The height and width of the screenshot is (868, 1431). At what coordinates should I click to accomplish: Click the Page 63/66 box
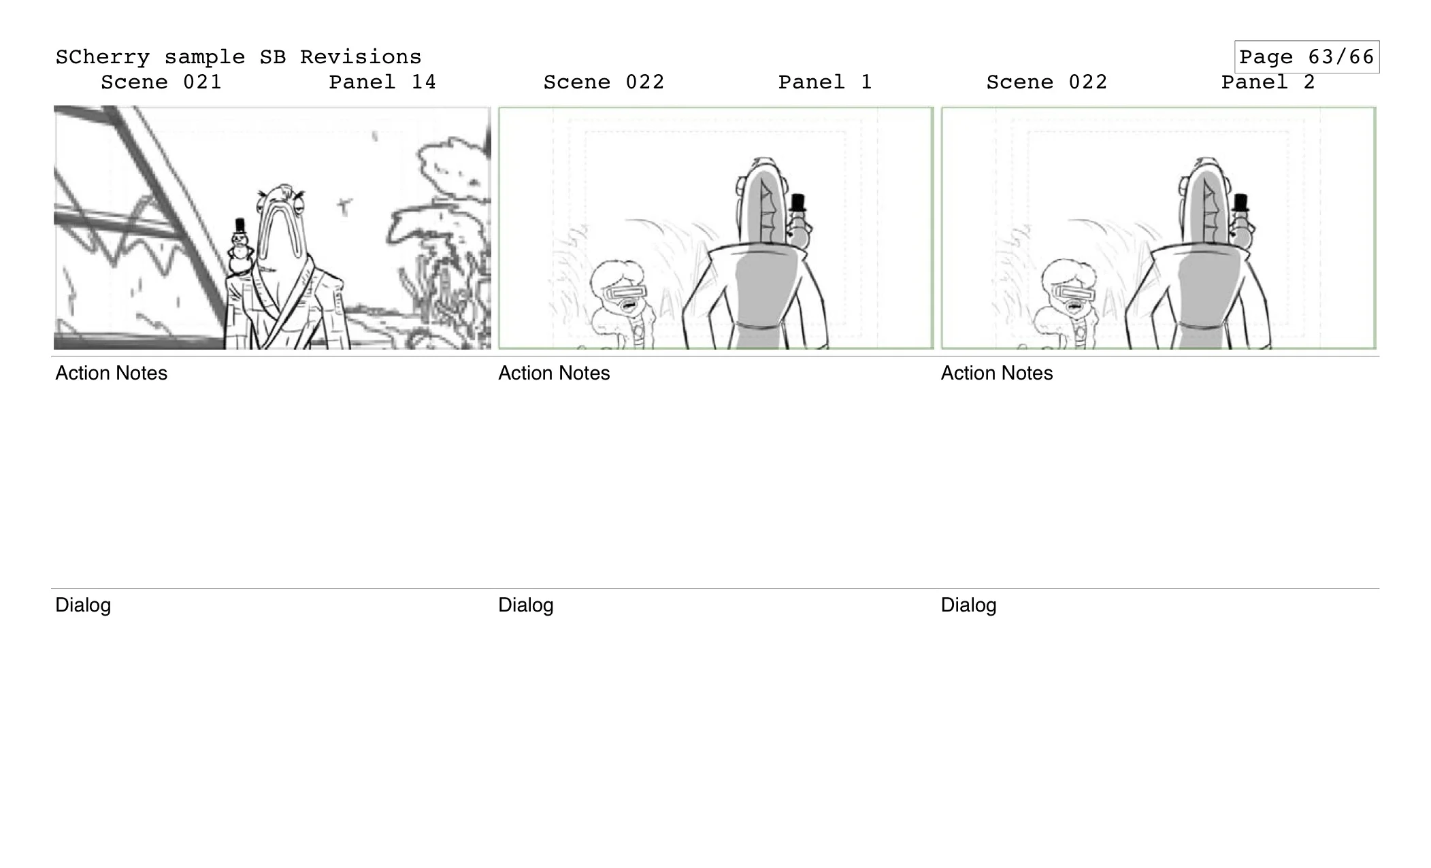1306,57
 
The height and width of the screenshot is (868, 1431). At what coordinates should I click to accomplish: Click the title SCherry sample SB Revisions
238,57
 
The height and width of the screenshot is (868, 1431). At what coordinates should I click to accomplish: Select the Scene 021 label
161,82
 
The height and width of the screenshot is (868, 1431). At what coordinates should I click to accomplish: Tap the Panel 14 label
382,82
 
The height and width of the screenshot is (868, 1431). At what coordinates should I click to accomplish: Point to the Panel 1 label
825,82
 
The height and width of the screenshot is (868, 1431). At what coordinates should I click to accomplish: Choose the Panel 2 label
1268,82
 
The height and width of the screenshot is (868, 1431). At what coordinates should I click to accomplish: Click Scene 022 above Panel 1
604,82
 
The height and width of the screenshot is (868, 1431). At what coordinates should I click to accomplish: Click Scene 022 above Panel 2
1047,82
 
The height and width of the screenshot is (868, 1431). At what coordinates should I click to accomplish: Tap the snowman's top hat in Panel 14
240,225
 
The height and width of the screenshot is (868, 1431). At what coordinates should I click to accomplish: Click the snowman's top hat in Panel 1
797,202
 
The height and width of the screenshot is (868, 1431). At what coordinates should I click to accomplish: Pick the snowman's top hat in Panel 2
1240,202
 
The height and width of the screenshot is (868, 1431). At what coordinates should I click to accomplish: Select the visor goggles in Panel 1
625,293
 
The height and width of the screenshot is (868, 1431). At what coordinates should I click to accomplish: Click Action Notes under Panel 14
111,373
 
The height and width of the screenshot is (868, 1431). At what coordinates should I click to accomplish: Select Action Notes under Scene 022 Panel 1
554,373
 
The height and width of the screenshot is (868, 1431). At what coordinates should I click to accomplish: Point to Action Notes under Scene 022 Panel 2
996,373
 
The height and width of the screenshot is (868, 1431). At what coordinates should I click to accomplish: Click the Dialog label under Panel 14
83,605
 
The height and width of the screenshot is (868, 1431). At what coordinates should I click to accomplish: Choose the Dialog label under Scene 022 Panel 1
525,605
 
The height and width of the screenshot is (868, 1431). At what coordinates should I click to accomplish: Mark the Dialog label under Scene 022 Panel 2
968,605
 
